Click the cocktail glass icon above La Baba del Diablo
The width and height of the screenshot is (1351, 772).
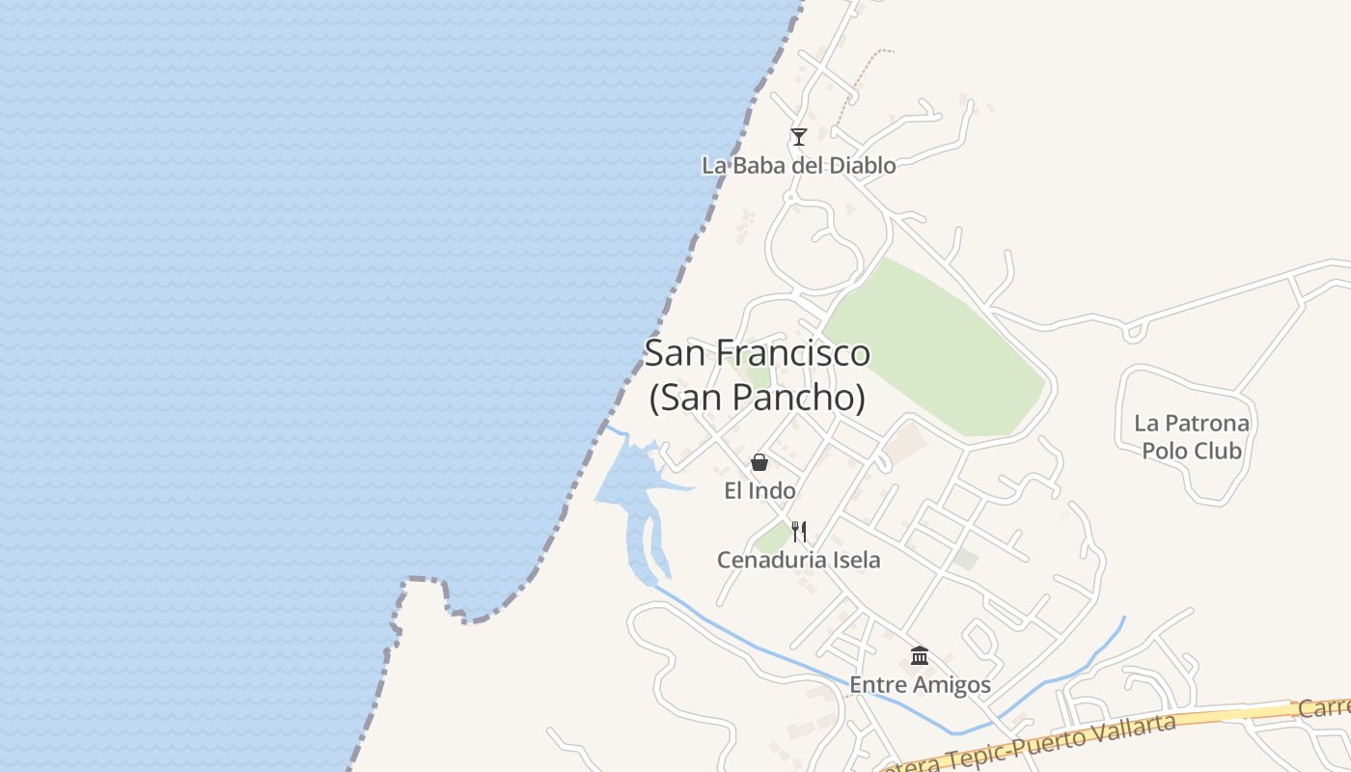tap(798, 137)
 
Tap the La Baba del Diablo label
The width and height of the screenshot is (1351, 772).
tap(798, 165)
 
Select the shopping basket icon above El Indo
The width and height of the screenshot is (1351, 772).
tap(759, 462)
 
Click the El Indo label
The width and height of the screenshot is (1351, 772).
tap(759, 491)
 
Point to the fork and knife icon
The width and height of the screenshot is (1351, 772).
tap(798, 531)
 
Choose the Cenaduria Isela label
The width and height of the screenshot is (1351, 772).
tap(798, 560)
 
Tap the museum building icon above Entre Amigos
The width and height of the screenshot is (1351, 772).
tap(920, 656)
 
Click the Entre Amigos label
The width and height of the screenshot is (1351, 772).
tap(920, 685)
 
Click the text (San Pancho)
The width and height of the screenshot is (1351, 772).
tap(757, 398)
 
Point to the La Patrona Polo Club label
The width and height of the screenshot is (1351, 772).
tap(1191, 436)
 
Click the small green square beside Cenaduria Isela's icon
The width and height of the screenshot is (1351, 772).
tap(772, 538)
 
